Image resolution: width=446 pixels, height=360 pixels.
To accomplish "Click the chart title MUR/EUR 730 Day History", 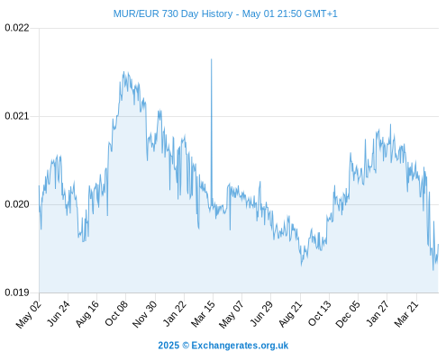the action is [x=173, y=13].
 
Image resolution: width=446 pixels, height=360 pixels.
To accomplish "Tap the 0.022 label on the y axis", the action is [x=17, y=28].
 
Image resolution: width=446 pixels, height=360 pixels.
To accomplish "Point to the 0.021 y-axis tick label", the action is [x=17, y=116].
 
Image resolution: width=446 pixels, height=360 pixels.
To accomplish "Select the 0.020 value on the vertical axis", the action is [x=17, y=204].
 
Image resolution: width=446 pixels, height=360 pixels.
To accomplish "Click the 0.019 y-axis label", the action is [x=17, y=292].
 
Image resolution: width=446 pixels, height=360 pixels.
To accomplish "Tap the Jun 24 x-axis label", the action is [x=59, y=313].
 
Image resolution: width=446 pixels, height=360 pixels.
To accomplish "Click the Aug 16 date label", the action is [x=86, y=314].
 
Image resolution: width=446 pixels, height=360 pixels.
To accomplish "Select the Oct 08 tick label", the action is [x=116, y=313].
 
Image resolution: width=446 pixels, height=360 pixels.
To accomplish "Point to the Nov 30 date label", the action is [x=144, y=314].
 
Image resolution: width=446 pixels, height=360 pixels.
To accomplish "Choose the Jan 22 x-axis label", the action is [x=175, y=313].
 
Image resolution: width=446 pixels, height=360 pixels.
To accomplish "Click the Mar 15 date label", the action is [x=203, y=314].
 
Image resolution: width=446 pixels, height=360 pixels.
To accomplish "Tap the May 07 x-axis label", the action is [x=232, y=314].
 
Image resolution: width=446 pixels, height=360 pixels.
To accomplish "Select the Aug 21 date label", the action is [x=290, y=314].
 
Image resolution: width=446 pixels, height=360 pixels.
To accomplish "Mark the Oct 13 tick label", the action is [x=320, y=313].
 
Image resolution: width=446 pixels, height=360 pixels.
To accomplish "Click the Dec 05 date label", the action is [x=348, y=314].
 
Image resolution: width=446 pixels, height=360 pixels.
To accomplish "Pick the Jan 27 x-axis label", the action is [x=378, y=313].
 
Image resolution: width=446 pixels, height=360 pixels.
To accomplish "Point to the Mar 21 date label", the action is [x=406, y=314].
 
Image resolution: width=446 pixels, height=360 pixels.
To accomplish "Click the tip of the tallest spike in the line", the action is [x=211, y=59].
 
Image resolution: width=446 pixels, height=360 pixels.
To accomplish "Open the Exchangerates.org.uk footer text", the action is [x=240, y=346].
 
